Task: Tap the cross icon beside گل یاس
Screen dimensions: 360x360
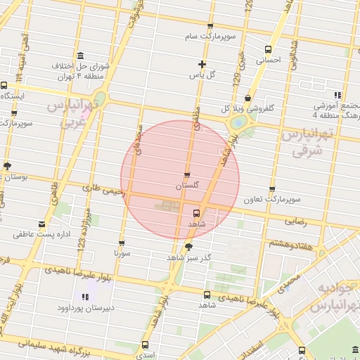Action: coord(202,64)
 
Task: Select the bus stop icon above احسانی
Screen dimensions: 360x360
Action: coord(268,49)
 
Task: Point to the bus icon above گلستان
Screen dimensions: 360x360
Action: coord(187,174)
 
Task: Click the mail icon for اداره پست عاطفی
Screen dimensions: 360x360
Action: coord(43,224)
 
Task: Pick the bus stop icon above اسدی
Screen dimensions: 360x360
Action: coord(145,345)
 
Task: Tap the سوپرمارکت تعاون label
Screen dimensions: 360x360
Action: coord(272,200)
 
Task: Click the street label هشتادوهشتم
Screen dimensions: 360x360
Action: coord(291,243)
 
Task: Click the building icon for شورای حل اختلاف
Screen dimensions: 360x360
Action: coord(79,56)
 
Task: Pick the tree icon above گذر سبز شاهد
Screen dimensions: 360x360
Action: coord(188,247)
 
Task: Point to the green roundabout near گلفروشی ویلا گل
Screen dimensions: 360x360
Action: coord(238,122)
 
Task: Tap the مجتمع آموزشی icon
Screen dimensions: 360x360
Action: coord(337,95)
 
